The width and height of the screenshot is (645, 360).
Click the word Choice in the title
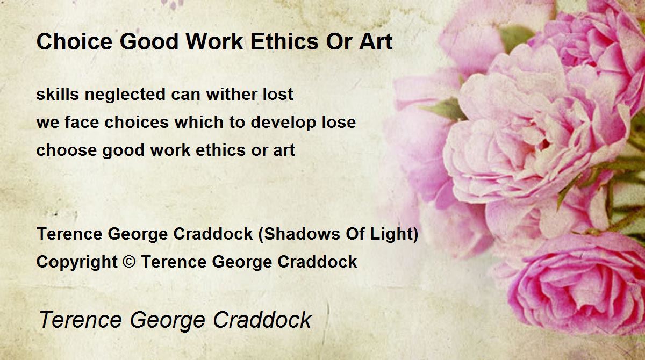[x=74, y=41]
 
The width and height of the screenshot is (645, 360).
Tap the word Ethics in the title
[x=284, y=41]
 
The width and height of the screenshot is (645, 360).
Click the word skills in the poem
[x=58, y=94]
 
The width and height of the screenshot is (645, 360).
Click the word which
[x=199, y=122]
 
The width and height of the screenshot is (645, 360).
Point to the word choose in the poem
[x=67, y=150]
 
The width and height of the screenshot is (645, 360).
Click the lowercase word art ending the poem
[x=284, y=150]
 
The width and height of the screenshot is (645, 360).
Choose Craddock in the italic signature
[x=262, y=319]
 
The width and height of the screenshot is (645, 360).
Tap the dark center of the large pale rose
[x=544, y=144]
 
